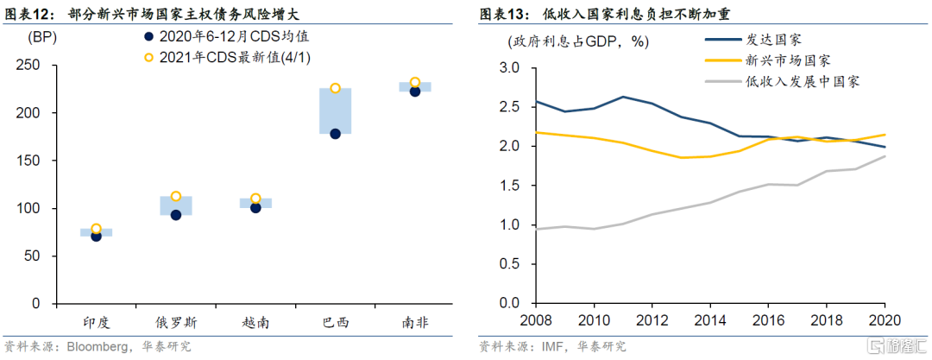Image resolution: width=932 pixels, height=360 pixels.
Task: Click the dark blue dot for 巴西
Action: (335, 134)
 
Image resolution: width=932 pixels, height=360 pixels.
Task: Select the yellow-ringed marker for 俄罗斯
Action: (176, 197)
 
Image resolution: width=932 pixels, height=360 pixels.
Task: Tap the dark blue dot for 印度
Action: (96, 236)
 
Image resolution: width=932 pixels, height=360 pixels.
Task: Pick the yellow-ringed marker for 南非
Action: (415, 83)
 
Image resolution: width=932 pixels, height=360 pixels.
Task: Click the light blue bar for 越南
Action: (255, 203)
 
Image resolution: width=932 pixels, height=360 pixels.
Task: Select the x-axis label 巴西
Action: (335, 323)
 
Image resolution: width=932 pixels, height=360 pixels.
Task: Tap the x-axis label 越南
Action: (255, 323)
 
